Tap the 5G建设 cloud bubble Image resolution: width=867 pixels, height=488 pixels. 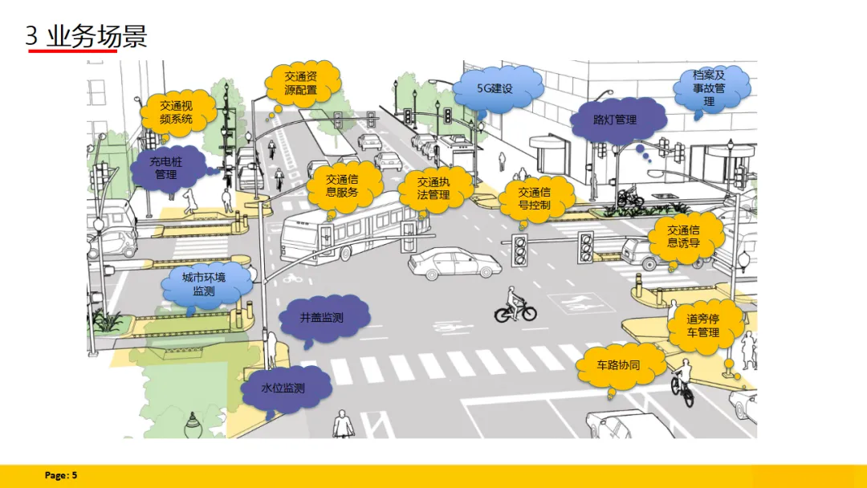(495, 88)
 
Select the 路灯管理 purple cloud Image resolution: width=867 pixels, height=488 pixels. (615, 120)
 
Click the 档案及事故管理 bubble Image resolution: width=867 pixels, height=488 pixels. (709, 88)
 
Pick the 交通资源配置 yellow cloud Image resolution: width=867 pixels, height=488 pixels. (300, 83)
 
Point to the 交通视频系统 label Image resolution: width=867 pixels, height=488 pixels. (176, 112)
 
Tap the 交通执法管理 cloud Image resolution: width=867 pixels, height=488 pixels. (433, 189)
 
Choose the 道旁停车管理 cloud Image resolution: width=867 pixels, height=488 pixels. (702, 325)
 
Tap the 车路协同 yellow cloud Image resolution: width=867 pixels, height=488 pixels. (617, 365)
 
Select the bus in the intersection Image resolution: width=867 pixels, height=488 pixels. (345, 229)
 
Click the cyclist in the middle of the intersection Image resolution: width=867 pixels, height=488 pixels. (514, 307)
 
